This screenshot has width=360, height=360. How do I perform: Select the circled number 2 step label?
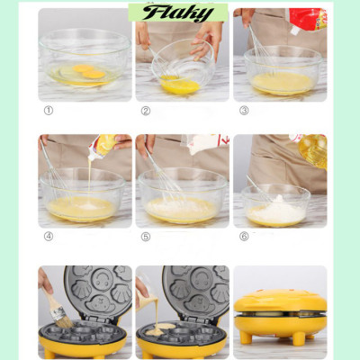pyautogui.click(x=145, y=111)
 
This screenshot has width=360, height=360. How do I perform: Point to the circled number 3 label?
pyautogui.click(x=243, y=111)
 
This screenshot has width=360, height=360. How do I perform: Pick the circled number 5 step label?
pyautogui.click(x=145, y=237)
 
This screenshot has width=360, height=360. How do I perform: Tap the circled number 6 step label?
pyautogui.click(x=243, y=237)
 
